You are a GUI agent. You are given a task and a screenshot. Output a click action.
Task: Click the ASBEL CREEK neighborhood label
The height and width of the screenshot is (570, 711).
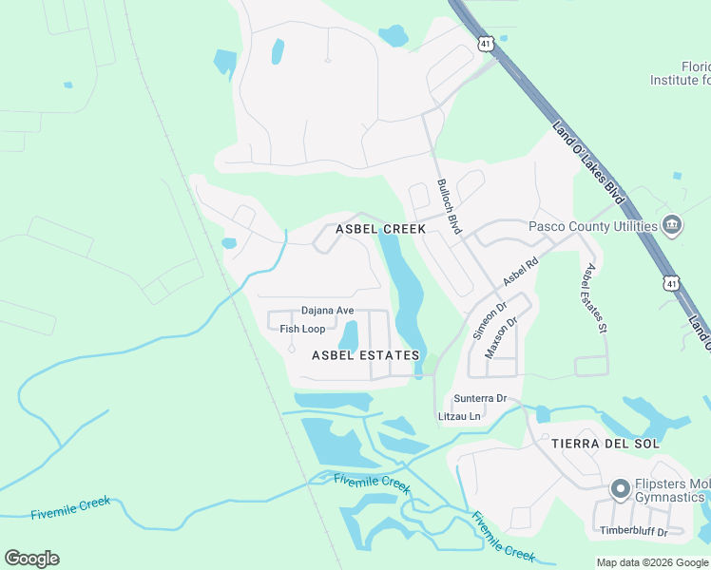click(380, 229)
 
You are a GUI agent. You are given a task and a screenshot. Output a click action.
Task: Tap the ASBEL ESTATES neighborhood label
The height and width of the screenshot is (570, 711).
click(365, 354)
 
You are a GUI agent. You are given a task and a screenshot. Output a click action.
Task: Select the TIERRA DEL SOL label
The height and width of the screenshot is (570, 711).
click(605, 444)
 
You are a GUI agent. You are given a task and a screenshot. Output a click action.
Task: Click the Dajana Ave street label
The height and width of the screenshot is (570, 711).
click(327, 311)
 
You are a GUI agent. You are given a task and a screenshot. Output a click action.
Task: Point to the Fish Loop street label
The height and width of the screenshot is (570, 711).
click(302, 329)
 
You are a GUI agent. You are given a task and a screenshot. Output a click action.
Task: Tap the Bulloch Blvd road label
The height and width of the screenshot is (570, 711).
click(449, 206)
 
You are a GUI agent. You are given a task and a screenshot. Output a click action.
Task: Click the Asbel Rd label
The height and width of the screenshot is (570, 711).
click(520, 272)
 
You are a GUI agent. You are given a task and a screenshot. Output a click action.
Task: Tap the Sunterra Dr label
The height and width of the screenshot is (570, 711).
click(480, 398)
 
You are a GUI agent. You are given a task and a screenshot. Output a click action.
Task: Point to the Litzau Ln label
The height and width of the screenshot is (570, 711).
click(460, 415)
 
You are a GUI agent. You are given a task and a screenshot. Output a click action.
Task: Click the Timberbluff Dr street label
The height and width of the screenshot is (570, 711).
click(634, 531)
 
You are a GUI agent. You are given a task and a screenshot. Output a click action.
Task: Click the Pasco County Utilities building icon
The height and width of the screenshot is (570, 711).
click(673, 226)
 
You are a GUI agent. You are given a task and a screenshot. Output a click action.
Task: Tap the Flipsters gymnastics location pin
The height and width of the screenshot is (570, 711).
click(620, 489)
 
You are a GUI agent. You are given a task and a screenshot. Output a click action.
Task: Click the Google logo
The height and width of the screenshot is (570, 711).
click(31, 558)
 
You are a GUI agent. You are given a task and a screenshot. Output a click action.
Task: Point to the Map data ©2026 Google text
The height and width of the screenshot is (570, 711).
click(651, 562)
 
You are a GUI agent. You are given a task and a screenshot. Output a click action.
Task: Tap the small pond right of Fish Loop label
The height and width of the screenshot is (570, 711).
click(349, 335)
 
